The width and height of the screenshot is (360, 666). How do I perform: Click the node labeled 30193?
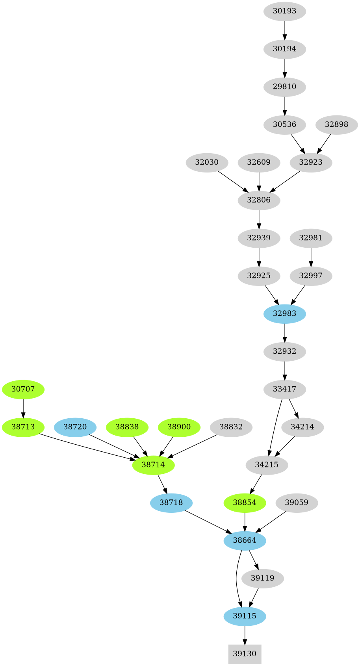(x=284, y=11)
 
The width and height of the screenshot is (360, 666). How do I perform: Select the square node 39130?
(x=245, y=654)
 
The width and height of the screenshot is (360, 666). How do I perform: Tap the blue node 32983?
(x=284, y=314)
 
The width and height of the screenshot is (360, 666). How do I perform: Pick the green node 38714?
(x=153, y=465)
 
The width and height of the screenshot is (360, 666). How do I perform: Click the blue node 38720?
(x=75, y=427)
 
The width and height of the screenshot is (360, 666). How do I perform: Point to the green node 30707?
(x=23, y=389)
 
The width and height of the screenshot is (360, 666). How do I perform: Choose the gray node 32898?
(x=336, y=124)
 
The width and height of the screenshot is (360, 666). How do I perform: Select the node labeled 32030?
(x=207, y=162)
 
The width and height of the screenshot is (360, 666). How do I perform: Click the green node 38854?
(x=245, y=503)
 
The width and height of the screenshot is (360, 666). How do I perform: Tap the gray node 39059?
(x=297, y=503)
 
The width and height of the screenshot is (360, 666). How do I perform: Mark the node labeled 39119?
(x=262, y=578)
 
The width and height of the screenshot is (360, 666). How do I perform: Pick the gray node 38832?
(x=231, y=427)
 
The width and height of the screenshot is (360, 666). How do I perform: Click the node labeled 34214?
(x=302, y=427)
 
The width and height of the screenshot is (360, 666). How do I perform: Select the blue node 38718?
(x=171, y=503)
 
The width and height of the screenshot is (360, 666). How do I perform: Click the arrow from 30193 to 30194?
(x=284, y=30)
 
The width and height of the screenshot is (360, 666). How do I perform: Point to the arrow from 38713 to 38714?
(x=87, y=447)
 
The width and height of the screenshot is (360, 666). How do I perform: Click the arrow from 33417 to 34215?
(x=275, y=427)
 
